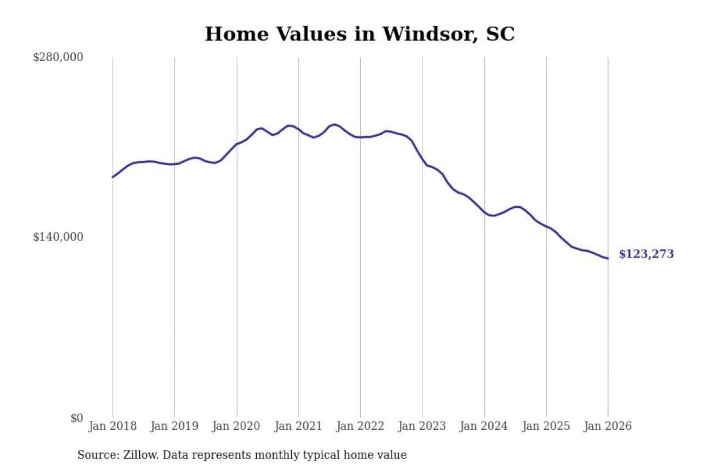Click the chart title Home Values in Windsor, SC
click(x=359, y=34)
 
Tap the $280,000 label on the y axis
click(x=58, y=57)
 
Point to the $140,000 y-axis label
click(x=58, y=237)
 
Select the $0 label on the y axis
click(x=76, y=418)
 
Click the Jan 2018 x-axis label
click(x=112, y=426)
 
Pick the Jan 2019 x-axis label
click(x=174, y=426)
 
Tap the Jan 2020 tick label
click(x=236, y=426)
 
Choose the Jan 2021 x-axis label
click(x=298, y=426)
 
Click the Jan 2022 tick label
click(x=360, y=426)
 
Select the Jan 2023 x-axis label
click(x=422, y=426)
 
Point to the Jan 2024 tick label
click(x=484, y=426)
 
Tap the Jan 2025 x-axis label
click(x=546, y=426)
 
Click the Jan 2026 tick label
click(x=608, y=426)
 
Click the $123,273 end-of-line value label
click(x=646, y=254)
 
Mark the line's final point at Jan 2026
click(x=608, y=258)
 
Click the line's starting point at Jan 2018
click(x=113, y=177)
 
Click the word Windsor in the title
click(x=430, y=34)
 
